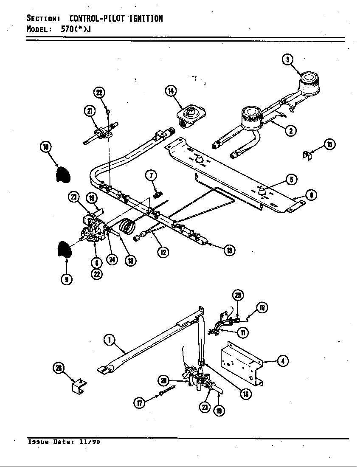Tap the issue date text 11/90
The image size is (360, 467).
click(x=90, y=442)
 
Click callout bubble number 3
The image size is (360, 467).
click(x=287, y=60)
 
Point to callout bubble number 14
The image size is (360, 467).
click(x=171, y=91)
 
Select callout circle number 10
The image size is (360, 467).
click(x=45, y=147)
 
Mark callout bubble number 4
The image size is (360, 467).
click(x=282, y=361)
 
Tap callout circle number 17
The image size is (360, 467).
click(x=140, y=403)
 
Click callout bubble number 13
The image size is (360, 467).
click(x=229, y=250)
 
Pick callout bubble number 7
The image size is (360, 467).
click(x=151, y=175)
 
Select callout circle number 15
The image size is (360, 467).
click(x=329, y=144)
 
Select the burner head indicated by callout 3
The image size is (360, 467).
click(x=309, y=82)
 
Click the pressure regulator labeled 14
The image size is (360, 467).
click(x=191, y=115)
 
